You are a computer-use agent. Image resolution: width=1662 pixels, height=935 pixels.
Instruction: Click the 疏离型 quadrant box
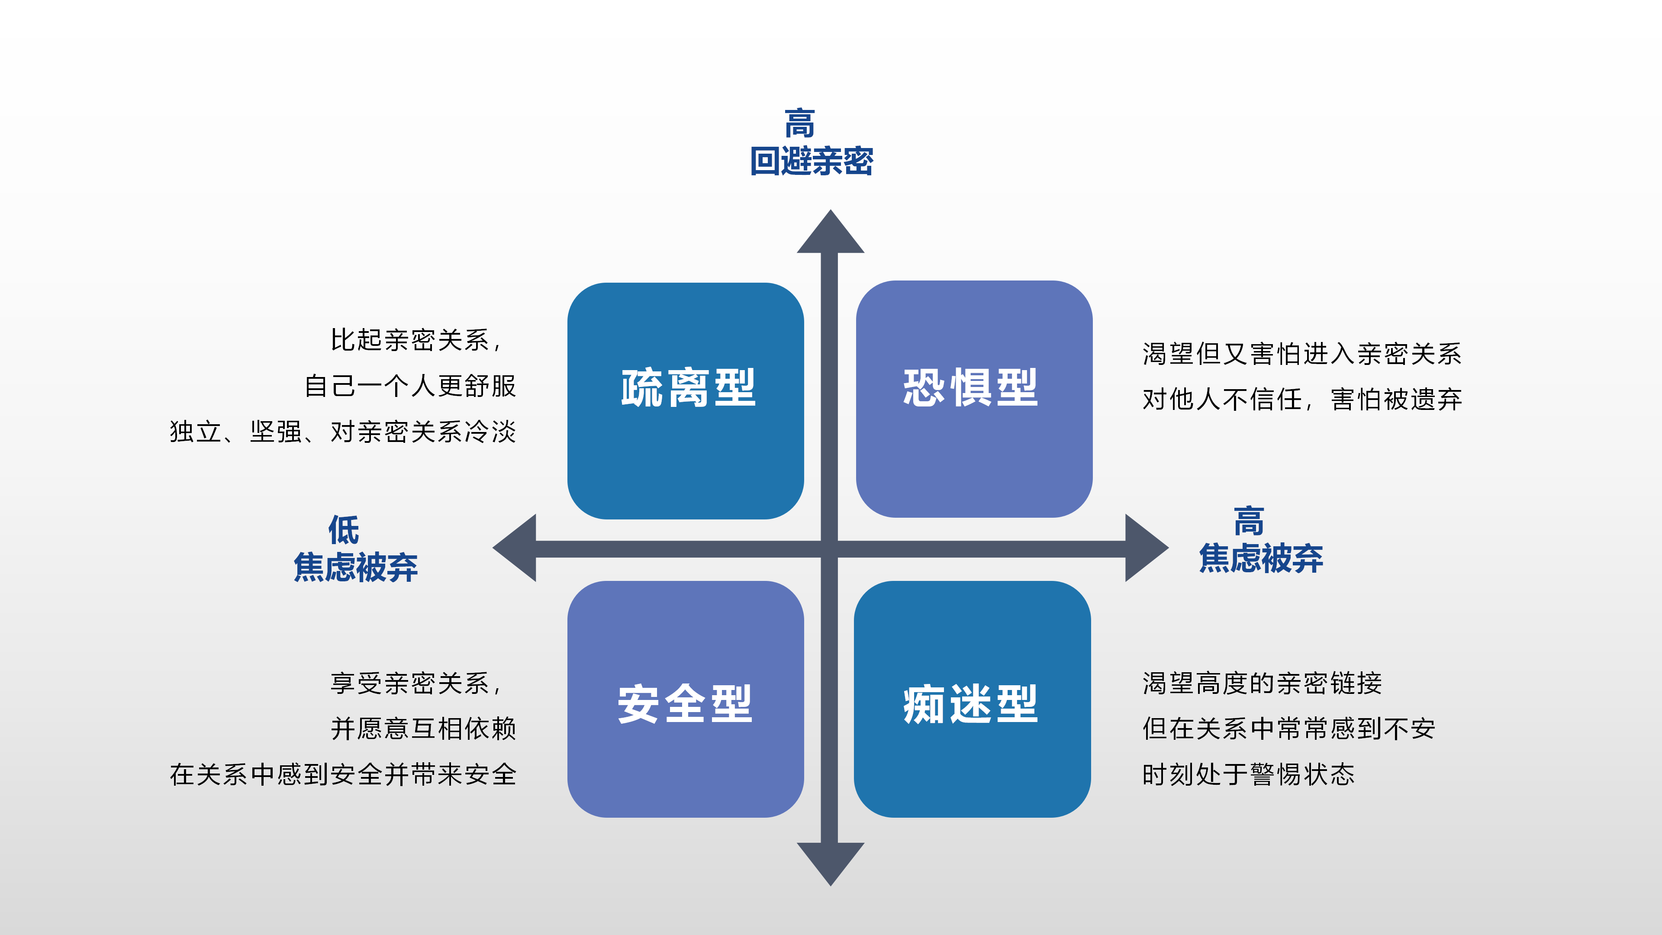click(x=685, y=401)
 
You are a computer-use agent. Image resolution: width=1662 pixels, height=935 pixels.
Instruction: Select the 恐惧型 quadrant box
click(x=974, y=399)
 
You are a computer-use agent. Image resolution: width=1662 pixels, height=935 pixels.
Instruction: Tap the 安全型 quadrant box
click(x=685, y=699)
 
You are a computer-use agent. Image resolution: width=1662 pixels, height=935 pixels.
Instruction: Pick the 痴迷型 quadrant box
click(x=972, y=699)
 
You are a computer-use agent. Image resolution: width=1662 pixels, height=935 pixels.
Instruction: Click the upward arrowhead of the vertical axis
click(x=831, y=232)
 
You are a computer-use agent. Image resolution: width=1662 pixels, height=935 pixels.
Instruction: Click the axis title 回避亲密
click(x=812, y=161)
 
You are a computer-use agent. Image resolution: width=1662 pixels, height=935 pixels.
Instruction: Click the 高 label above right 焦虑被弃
click(x=1249, y=521)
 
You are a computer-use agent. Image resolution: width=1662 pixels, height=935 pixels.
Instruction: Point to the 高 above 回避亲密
click(x=800, y=123)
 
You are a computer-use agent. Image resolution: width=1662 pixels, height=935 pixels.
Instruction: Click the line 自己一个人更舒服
click(x=410, y=386)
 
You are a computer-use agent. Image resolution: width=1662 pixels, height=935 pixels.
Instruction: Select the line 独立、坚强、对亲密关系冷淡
click(x=343, y=432)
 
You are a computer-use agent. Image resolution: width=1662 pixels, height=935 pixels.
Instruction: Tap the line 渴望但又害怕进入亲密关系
click(x=1302, y=354)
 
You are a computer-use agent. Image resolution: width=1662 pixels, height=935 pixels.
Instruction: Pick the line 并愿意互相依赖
click(x=423, y=729)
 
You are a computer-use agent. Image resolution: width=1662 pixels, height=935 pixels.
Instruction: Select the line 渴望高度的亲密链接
click(x=1262, y=683)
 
